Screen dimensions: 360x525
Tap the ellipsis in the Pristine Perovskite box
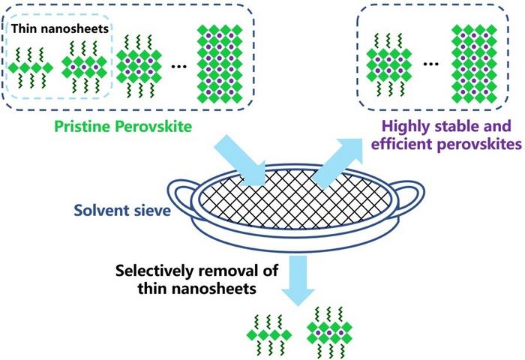[178, 66]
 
